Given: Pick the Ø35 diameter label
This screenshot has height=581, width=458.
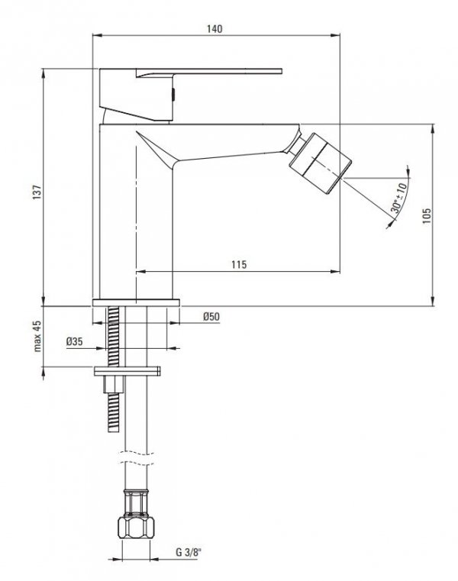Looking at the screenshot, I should coord(74,341).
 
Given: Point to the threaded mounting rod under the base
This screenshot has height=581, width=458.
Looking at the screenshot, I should coord(114,336).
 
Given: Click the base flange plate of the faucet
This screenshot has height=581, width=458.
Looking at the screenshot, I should coord(135,302).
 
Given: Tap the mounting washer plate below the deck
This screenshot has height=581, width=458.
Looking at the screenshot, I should coord(128,371).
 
